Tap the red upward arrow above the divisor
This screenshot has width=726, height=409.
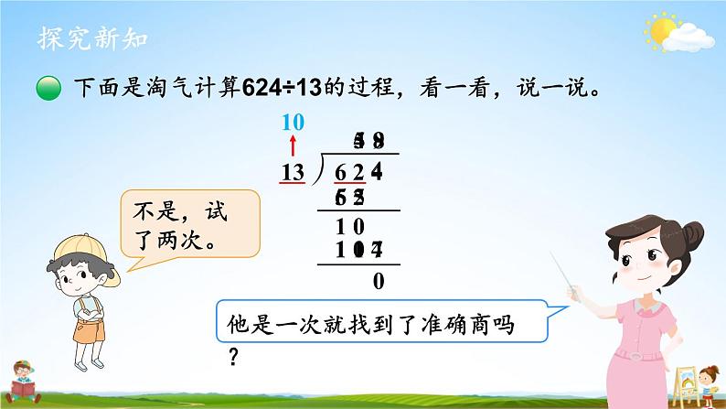point(294,146)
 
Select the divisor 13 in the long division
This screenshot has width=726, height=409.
point(294,170)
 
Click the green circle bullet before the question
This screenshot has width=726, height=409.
point(50,90)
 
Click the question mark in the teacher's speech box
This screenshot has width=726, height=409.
point(234,355)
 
